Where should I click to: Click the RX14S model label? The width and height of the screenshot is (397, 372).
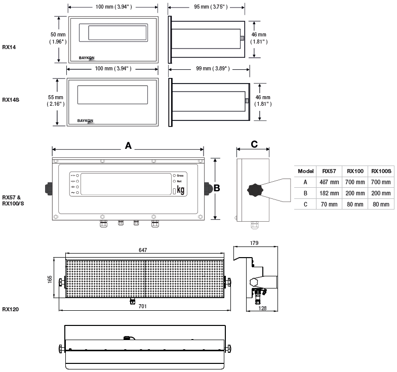[x=10, y=100]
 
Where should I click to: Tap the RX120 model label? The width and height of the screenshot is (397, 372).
[x=11, y=308]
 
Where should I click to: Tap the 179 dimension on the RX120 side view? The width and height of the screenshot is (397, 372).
[x=255, y=243]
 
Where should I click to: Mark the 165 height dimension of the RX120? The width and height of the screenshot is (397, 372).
[x=50, y=280]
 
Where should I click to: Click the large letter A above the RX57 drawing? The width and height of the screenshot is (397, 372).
[x=128, y=145]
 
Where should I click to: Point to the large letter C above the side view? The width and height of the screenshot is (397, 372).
[x=254, y=144]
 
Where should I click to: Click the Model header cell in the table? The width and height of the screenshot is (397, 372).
[x=306, y=171]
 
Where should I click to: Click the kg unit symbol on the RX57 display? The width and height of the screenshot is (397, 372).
[x=180, y=190]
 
